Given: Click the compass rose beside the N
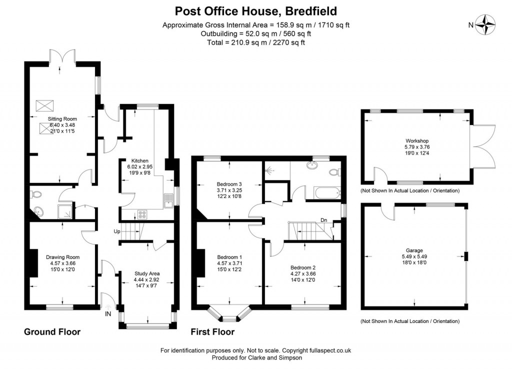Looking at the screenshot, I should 485,24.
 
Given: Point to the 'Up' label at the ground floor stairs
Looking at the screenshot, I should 117,231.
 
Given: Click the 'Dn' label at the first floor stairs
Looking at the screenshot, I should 324,219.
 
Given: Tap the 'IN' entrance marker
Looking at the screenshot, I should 108,314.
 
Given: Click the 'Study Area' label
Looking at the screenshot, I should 147,273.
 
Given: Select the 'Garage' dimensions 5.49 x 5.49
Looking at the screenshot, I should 414,256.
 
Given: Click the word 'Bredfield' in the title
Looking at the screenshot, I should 312,10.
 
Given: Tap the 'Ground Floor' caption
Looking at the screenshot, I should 52,332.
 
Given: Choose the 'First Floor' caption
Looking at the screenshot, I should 212,332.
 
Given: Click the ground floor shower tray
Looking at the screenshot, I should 66,211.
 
